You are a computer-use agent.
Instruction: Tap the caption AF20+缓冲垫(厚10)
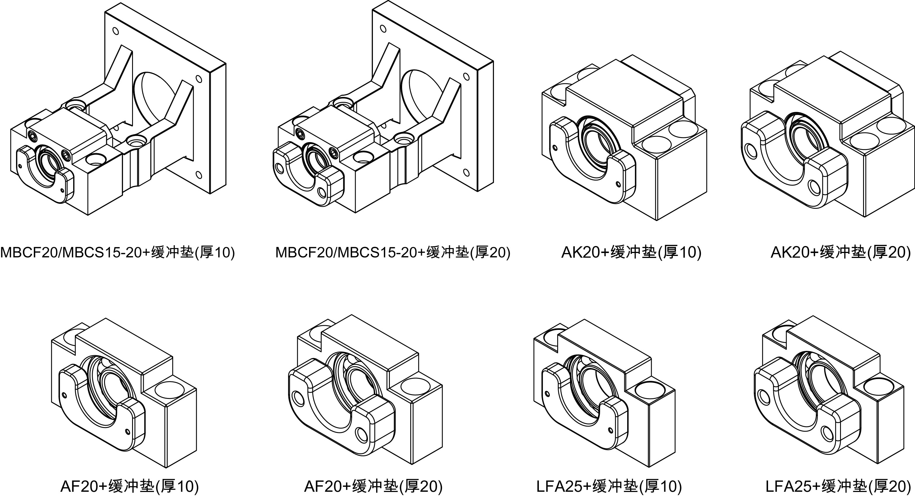[130, 486]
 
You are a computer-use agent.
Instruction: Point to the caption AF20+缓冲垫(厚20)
[373, 486]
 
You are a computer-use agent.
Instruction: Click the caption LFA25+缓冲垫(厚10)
[609, 486]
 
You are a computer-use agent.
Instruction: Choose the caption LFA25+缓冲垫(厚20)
[838, 486]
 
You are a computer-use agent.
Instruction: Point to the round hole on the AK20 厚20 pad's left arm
[751, 151]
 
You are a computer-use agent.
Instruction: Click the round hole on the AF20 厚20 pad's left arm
[299, 398]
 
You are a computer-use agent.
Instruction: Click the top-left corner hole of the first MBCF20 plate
[115, 31]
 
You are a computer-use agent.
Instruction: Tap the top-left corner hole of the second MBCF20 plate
[383, 28]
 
